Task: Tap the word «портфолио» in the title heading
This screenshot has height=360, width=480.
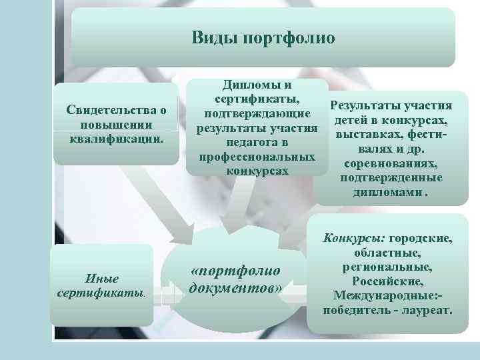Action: tap(285, 37)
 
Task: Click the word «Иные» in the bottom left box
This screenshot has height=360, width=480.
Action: tap(103, 278)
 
